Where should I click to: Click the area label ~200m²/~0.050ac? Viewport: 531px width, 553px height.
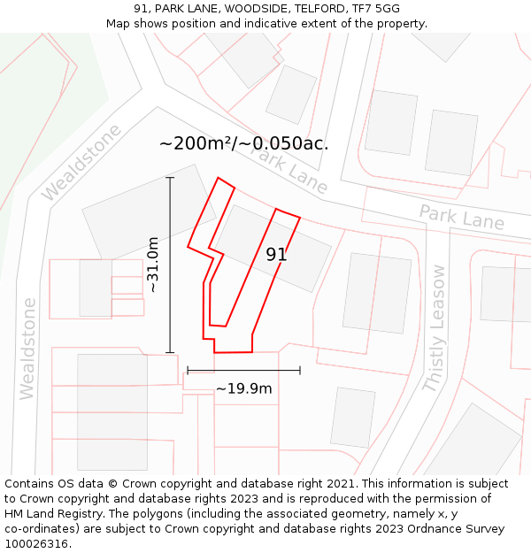[x=243, y=143]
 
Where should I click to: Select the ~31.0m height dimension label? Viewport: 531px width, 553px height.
[x=153, y=265]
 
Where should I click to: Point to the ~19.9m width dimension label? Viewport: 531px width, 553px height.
[x=243, y=388]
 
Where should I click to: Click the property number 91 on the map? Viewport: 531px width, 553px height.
[x=276, y=255]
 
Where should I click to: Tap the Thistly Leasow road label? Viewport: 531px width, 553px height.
[x=436, y=327]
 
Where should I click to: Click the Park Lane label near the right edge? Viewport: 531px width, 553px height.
[x=461, y=217]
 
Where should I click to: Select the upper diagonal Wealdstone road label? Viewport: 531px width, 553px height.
[x=81, y=161]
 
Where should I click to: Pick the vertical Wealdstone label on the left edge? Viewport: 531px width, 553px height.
[x=28, y=348]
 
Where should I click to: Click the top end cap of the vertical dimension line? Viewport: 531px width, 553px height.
[x=170, y=178]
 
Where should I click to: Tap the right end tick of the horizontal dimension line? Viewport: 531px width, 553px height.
[x=300, y=370]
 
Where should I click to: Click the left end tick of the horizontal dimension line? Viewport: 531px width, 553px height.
[x=188, y=370]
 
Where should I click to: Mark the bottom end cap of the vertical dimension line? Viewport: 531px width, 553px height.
[x=170, y=353]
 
